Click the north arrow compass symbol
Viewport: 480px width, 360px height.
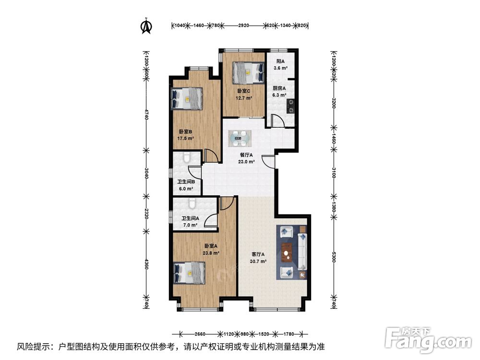[x=146, y=26]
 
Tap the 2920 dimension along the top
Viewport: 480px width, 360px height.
[x=243, y=25]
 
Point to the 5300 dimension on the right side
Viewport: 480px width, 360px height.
[x=334, y=256]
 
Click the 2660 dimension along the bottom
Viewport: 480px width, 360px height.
[x=200, y=334]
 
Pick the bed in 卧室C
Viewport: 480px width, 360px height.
[x=248, y=73]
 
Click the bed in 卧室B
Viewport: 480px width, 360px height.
[x=187, y=98]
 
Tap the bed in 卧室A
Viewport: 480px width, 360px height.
[x=189, y=273]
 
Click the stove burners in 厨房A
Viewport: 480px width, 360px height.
[x=290, y=106]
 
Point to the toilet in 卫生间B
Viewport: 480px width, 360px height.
[x=187, y=157]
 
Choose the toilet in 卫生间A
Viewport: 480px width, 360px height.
[x=192, y=203]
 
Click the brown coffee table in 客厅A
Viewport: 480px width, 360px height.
[x=287, y=253]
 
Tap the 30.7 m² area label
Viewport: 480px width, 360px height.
[x=258, y=261]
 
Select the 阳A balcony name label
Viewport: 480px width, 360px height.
[x=280, y=61]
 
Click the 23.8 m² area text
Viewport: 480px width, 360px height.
[x=211, y=253]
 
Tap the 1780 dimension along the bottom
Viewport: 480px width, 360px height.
[x=288, y=334]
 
